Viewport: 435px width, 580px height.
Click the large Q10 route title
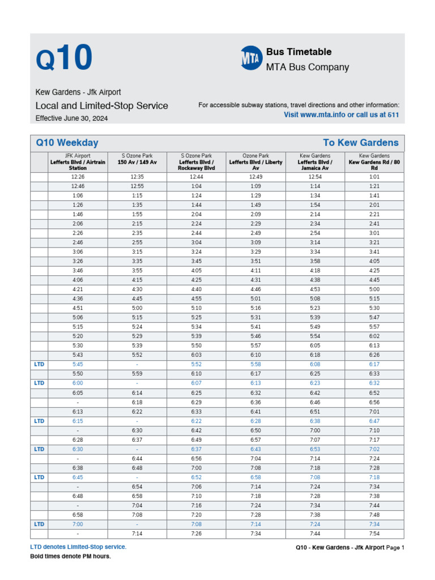(x=63, y=58)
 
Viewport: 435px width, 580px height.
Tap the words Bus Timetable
(x=298, y=52)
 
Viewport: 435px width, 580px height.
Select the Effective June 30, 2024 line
(x=71, y=118)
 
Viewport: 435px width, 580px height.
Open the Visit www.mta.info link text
(x=341, y=114)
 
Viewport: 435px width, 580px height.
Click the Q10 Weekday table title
(x=67, y=143)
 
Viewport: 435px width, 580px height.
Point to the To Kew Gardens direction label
(x=360, y=143)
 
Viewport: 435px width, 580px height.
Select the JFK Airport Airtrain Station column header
(x=78, y=161)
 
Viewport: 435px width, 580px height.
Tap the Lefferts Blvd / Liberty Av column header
(x=255, y=161)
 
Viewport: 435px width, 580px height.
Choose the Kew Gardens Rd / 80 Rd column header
(x=374, y=161)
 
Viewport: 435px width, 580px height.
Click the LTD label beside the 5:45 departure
(x=39, y=365)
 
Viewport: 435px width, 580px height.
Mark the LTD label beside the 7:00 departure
(x=39, y=524)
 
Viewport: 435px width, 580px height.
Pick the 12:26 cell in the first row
(x=78, y=177)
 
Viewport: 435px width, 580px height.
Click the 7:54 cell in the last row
(x=374, y=534)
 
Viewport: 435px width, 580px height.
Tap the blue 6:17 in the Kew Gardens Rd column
(x=374, y=365)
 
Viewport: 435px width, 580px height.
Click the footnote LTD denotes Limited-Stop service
(x=78, y=547)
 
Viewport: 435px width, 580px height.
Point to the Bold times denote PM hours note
(x=70, y=556)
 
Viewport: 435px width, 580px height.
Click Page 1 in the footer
(x=395, y=547)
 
